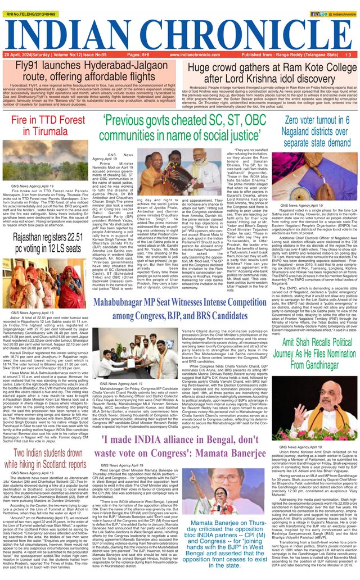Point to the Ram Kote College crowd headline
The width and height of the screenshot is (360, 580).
click(x=269, y=71)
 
